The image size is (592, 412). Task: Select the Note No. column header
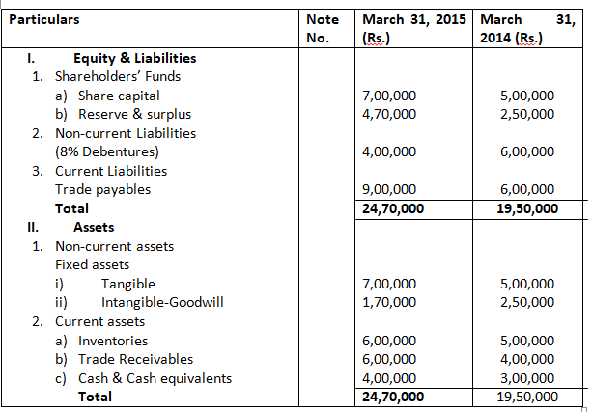(322, 28)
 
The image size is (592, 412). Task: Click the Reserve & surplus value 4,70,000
(387, 114)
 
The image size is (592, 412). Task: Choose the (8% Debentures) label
(107, 151)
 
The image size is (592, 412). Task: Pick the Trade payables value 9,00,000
(387, 189)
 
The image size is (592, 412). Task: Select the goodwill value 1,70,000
(387, 302)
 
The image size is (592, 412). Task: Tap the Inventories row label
(114, 341)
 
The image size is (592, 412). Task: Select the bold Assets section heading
(93, 228)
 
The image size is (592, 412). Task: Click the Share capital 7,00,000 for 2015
(387, 96)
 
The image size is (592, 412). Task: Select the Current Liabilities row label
(110, 171)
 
